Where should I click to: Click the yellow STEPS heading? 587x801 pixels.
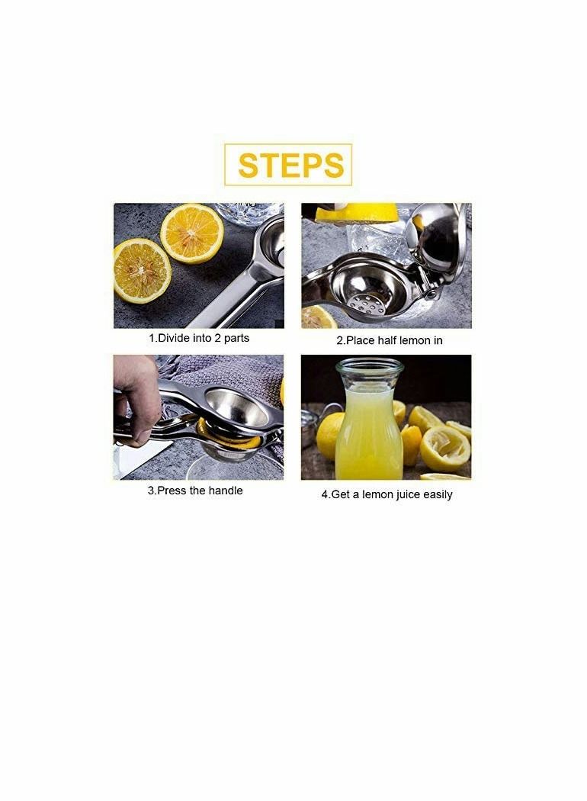pos(291,166)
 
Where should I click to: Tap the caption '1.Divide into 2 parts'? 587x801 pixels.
pos(198,338)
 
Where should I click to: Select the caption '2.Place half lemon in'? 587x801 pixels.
pos(389,341)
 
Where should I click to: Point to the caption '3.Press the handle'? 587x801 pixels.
pos(195,491)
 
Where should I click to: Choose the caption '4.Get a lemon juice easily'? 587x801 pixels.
pos(387,494)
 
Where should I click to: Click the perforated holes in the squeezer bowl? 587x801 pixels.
pos(366,304)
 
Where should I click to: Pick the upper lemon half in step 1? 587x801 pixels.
pos(192,233)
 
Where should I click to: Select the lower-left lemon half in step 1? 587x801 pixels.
pos(141,271)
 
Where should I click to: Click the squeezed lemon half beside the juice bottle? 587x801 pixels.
pos(444,449)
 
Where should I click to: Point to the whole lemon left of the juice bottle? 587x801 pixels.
pos(329,436)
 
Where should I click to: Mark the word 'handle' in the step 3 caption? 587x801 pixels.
pos(225,491)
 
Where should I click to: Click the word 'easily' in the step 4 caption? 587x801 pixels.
pos(438,495)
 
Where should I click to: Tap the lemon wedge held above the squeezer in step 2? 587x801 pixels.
pos(356,212)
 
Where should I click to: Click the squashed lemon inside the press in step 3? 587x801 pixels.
pos(228,436)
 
